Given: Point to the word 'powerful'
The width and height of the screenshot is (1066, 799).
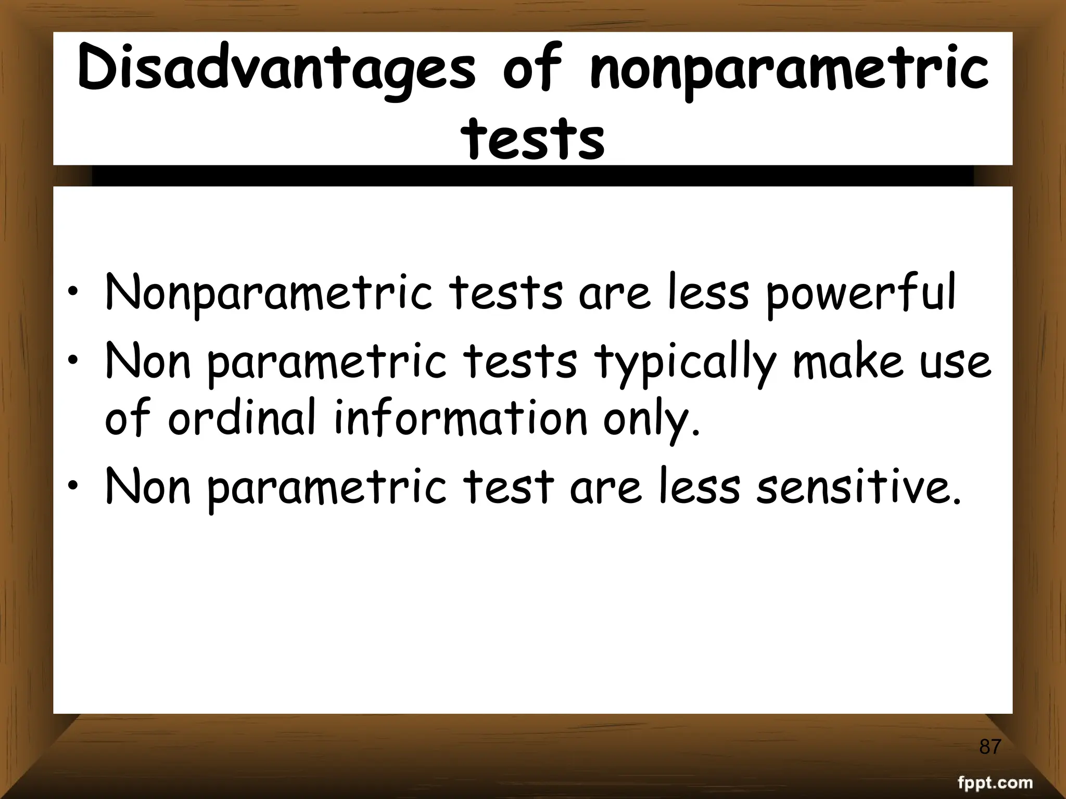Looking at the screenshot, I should point(860,293).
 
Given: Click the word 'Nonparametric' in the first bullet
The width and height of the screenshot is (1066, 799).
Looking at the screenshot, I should point(269,293).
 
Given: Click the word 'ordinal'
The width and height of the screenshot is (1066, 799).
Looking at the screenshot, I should point(242,418).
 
